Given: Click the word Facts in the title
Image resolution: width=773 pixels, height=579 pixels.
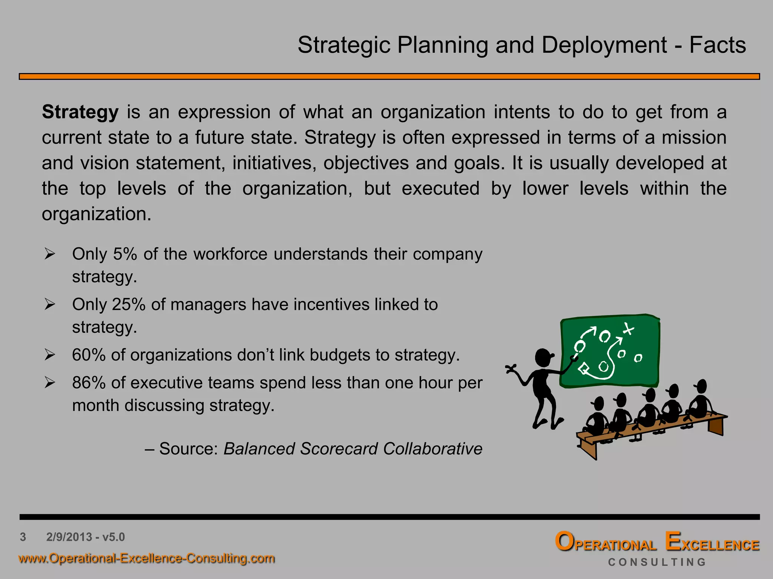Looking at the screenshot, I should (718, 45).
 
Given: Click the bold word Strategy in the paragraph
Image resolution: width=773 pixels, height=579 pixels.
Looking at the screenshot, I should (80, 112).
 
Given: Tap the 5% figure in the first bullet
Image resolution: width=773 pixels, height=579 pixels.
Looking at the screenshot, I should (125, 254).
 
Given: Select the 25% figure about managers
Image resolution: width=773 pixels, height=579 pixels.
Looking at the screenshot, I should (129, 305).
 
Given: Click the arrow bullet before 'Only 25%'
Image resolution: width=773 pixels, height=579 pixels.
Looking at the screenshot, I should (50, 304).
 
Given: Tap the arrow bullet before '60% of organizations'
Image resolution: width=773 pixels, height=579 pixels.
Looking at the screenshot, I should (50, 355).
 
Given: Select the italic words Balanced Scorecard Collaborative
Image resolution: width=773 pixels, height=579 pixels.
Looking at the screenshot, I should (353, 449).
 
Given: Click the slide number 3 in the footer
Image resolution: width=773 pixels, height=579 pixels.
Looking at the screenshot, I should (23, 537).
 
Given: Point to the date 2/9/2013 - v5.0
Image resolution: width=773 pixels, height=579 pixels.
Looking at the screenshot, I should (85, 537).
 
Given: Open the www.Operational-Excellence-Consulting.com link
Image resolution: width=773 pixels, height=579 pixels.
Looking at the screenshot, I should (146, 558).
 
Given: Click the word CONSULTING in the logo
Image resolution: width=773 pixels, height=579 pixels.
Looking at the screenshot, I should (657, 562).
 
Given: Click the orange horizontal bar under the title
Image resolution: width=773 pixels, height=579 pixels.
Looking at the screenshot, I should (389, 77).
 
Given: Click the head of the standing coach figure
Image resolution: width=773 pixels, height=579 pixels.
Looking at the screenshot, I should (543, 357).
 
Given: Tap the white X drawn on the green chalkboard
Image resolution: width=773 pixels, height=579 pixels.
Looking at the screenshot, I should (628, 329).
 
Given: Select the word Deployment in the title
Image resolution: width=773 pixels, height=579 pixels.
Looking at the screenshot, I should (604, 45).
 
